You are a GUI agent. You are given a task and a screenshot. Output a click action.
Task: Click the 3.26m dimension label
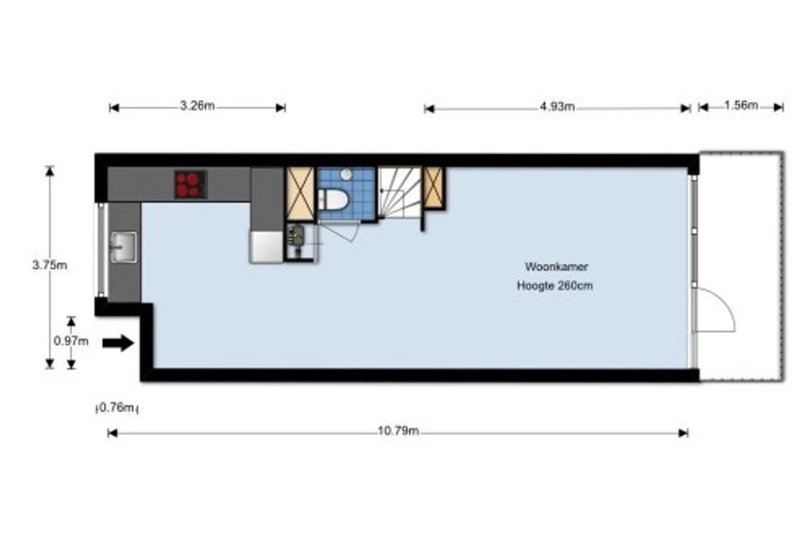coord(197,106)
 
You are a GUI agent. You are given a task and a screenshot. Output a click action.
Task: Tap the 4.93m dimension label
coord(557,106)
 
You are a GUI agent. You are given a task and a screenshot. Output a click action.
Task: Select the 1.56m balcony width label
coord(741,105)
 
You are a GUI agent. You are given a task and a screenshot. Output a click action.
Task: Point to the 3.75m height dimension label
coord(50,265)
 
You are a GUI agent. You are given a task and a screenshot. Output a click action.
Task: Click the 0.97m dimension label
coord(71,341)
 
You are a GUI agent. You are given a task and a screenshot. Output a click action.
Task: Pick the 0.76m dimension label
coord(118,408)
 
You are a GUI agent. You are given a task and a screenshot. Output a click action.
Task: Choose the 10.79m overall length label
coord(397,431)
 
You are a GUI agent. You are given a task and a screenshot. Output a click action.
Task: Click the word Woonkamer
coord(556,267)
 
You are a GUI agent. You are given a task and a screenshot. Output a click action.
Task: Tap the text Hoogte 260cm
coord(555,286)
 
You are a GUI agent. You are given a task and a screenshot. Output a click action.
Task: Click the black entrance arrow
coord(118,343)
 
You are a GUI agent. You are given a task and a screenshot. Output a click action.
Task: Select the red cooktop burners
coord(191,184)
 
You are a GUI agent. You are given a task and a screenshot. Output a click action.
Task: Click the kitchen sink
coord(124,247)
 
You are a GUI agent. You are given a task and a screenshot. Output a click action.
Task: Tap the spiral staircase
coord(399,192)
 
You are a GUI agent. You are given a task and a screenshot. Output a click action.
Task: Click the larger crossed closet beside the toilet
coord(300,194)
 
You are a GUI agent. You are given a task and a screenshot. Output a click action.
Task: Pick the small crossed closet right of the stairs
coord(434,187)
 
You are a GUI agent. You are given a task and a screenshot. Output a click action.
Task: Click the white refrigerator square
coord(266,246)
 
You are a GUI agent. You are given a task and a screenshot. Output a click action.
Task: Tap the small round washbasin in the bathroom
coord(347,175)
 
